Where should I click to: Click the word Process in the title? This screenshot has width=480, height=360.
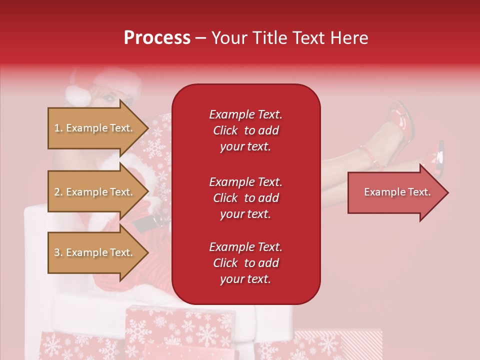click(x=157, y=38)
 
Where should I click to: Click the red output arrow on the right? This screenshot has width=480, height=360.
click(x=395, y=192)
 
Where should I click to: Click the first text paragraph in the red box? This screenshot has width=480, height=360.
click(x=245, y=130)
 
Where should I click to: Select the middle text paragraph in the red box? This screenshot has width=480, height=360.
click(x=245, y=198)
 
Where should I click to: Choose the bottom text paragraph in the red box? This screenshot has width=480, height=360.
click(x=245, y=263)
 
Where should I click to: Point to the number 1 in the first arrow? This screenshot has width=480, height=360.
click(x=56, y=128)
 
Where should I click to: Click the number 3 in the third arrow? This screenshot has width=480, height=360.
click(x=57, y=252)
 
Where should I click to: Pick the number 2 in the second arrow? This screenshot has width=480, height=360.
click(x=57, y=192)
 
